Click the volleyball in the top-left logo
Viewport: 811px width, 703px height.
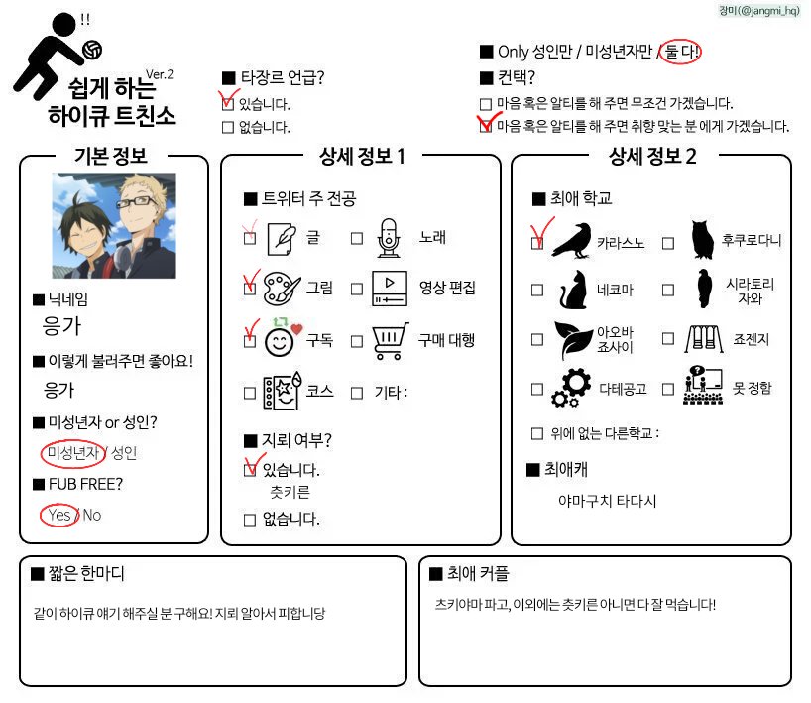[92, 49]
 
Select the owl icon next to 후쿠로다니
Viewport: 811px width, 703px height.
[702, 239]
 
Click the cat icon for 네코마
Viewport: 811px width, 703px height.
[571, 290]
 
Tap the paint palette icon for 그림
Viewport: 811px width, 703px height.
[282, 288]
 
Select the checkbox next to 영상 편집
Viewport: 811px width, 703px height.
[357, 290]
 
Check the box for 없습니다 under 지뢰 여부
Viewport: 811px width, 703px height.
[250, 519]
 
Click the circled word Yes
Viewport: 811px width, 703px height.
[58, 515]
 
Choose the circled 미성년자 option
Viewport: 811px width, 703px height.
[73, 453]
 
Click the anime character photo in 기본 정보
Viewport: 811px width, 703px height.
[114, 226]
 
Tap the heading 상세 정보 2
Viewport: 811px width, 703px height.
[652, 155]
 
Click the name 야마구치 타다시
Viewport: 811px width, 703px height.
[607, 501]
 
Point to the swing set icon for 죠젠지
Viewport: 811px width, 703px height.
[704, 339]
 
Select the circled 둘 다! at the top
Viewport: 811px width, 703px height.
[683, 51]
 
